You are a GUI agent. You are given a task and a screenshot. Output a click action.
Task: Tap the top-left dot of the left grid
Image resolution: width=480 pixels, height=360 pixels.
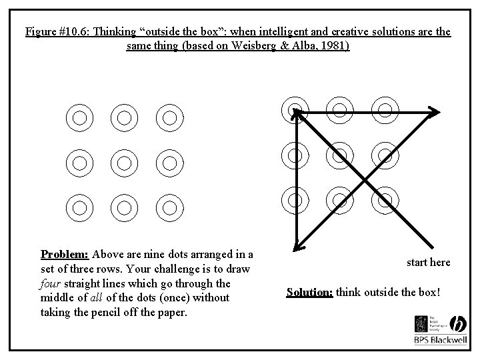click(79, 118)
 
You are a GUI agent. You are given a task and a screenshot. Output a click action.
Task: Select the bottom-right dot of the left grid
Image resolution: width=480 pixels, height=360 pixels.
click(169, 207)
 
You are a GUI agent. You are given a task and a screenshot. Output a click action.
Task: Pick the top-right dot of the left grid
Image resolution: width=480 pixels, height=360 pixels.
click(169, 118)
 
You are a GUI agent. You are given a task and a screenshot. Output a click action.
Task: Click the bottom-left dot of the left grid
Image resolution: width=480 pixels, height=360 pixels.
click(79, 207)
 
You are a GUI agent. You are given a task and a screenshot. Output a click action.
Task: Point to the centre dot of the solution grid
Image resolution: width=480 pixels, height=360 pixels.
click(339, 155)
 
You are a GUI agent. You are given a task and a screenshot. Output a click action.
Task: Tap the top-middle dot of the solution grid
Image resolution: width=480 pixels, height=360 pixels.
click(339, 109)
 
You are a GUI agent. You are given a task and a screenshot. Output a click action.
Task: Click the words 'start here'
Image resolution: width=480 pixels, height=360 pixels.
click(428, 263)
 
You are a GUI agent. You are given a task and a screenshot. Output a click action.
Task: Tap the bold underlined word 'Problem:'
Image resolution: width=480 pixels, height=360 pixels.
click(65, 254)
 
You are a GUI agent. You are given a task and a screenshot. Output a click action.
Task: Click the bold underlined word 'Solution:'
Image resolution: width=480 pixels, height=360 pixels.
click(309, 292)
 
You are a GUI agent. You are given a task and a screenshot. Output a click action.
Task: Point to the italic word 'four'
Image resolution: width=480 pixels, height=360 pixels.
click(52, 283)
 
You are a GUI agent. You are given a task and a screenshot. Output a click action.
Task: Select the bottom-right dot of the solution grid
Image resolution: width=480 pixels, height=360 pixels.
click(384, 199)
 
